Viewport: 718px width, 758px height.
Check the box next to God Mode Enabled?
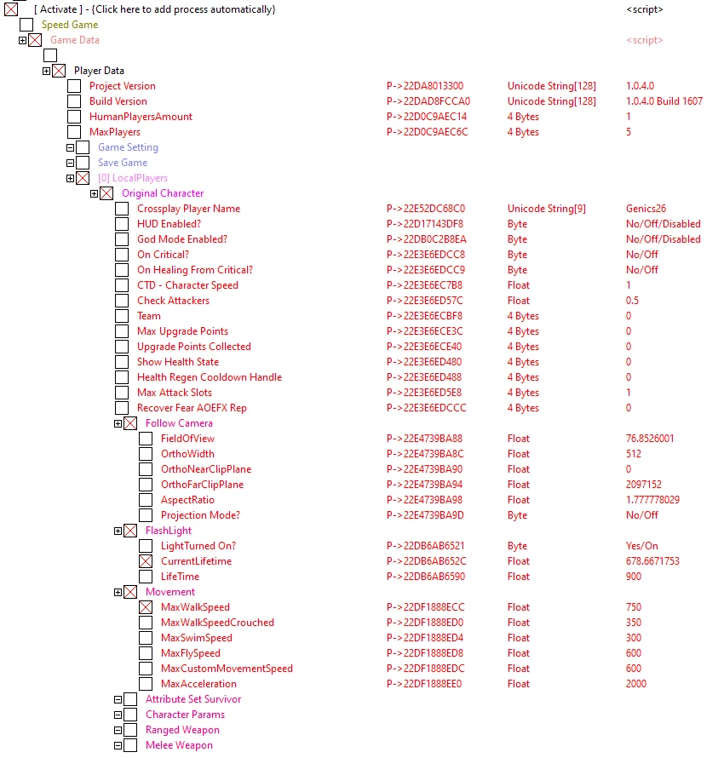(122, 239)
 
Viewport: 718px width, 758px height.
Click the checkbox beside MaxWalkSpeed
(146, 607)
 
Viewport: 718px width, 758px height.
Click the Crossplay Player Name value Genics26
(646, 209)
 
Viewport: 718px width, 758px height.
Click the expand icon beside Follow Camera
(118, 423)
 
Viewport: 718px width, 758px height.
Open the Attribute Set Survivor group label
(192, 699)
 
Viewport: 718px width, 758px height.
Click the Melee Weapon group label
(179, 745)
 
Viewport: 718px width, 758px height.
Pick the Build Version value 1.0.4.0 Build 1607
(663, 101)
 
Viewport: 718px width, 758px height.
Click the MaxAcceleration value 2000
(635, 684)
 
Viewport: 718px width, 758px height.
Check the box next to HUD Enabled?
(122, 224)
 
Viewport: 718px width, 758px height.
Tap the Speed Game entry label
(70, 25)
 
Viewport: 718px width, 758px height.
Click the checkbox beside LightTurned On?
(146, 546)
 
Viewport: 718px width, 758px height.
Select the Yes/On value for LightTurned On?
(641, 546)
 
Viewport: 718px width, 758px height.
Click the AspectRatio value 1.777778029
(652, 500)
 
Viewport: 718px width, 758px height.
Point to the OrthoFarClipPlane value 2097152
(645, 485)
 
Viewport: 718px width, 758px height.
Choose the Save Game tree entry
(123, 163)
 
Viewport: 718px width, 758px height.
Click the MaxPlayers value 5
(629, 132)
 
